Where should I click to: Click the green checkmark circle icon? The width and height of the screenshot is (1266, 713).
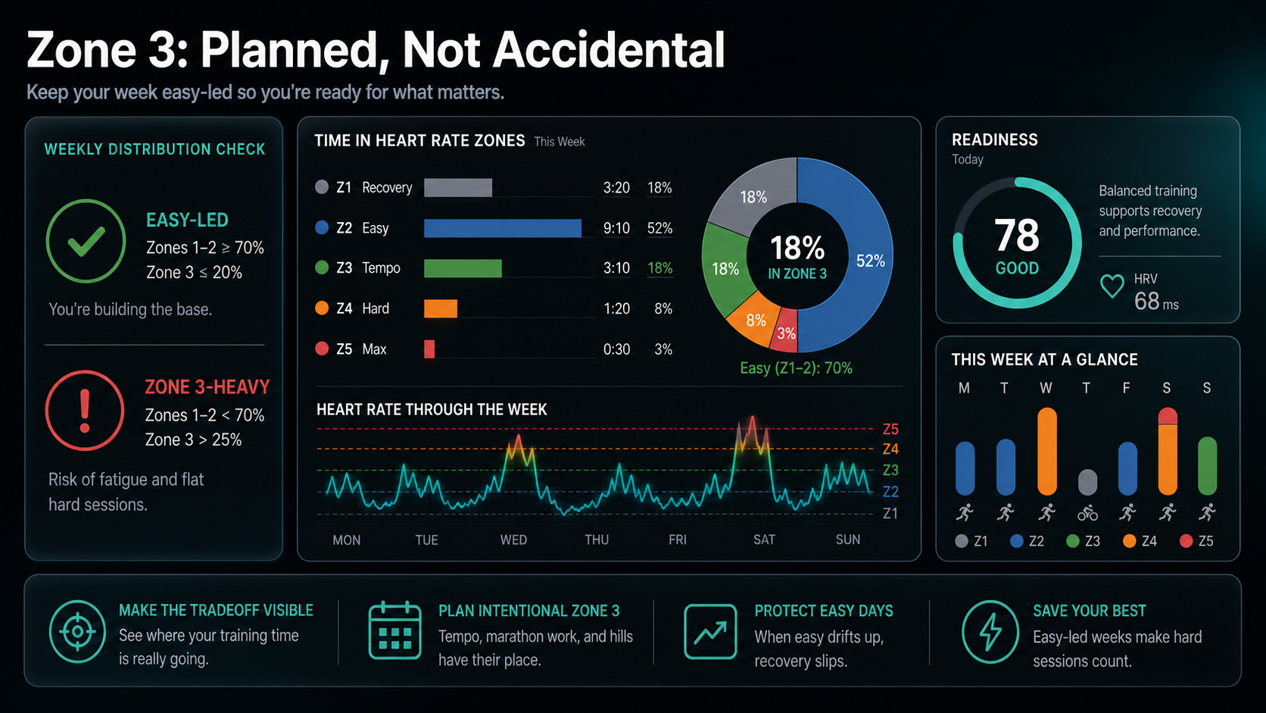pos(86,241)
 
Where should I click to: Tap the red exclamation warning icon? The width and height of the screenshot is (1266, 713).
pos(85,411)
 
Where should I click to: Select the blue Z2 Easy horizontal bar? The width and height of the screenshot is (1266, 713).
pos(503,228)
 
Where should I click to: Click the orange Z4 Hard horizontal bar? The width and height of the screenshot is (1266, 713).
pos(440,308)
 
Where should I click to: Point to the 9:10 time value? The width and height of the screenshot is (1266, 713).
pos(616,228)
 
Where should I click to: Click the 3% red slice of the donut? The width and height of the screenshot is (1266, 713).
pos(785,331)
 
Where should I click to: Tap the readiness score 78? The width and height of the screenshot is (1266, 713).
pos(1016,235)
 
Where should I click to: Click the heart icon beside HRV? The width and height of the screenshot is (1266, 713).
pos(1112,286)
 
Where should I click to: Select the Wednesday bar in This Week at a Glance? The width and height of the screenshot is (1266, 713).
pos(1046,451)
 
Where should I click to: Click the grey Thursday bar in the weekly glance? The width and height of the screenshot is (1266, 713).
pos(1087,483)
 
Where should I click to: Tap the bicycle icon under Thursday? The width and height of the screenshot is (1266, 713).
pos(1087,514)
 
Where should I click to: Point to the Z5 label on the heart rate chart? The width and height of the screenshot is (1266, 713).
pos(890,429)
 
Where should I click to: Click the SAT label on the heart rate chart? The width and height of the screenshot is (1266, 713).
pos(764,539)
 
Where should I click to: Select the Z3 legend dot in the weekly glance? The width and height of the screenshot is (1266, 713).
pos(1072,541)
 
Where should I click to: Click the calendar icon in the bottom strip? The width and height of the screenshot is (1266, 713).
pos(394,631)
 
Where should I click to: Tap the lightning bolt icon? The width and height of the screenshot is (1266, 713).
pos(990,632)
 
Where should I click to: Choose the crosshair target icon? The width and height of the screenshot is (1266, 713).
pos(77,631)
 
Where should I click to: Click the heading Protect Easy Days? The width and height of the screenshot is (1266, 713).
pos(824,611)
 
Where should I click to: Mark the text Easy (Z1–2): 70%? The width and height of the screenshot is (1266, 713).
pos(796,368)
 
